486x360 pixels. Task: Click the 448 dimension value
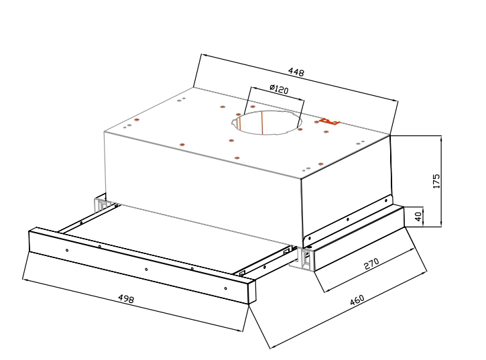pos(296,72)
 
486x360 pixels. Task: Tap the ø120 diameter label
pos(279,89)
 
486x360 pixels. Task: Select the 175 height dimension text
pos(436,181)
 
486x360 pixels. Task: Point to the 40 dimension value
pos(418,216)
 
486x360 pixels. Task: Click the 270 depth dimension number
pos(371,263)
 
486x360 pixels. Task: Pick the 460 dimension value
pos(357,300)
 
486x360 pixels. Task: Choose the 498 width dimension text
pos(126,298)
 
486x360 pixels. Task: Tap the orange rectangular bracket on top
pos(330,121)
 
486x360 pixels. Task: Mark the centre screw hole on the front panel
pos(146,269)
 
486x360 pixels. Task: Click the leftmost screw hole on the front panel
pos(67,250)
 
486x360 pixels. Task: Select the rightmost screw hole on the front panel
pos(225,289)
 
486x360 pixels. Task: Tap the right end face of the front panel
pos(251,292)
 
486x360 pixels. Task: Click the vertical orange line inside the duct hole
pos(262,123)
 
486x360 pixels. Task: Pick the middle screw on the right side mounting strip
pos(348,219)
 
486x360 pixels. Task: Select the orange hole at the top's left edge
pos(136,120)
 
